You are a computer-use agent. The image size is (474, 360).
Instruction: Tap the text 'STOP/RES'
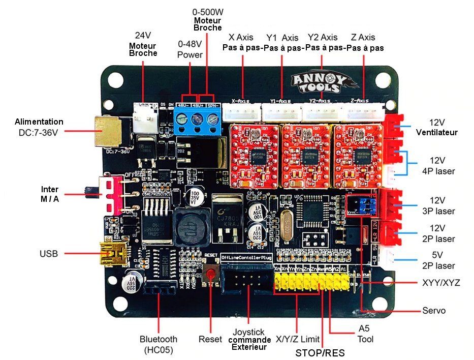[x=320, y=352]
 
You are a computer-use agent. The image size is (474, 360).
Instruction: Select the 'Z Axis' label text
[x=363, y=37]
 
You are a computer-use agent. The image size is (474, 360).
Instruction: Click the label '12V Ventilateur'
[x=436, y=127]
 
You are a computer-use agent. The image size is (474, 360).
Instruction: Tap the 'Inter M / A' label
[x=50, y=194]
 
